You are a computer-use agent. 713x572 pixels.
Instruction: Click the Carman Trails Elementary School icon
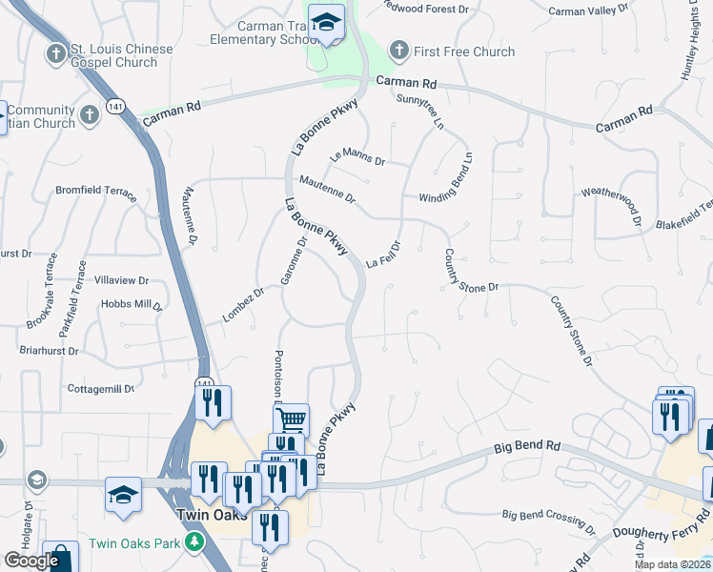(x=326, y=26)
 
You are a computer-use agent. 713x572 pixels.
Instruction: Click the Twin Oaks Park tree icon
(x=195, y=542)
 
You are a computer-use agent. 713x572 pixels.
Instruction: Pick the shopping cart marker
(x=291, y=419)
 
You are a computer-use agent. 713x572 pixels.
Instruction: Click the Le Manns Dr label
(x=357, y=158)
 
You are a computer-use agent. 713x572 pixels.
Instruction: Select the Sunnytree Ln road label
(x=420, y=112)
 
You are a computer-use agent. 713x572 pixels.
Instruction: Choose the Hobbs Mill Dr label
(x=132, y=304)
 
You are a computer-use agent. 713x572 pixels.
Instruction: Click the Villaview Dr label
(x=122, y=280)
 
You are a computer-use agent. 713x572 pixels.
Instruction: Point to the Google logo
(x=31, y=560)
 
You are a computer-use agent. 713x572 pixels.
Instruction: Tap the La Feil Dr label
(x=382, y=256)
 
